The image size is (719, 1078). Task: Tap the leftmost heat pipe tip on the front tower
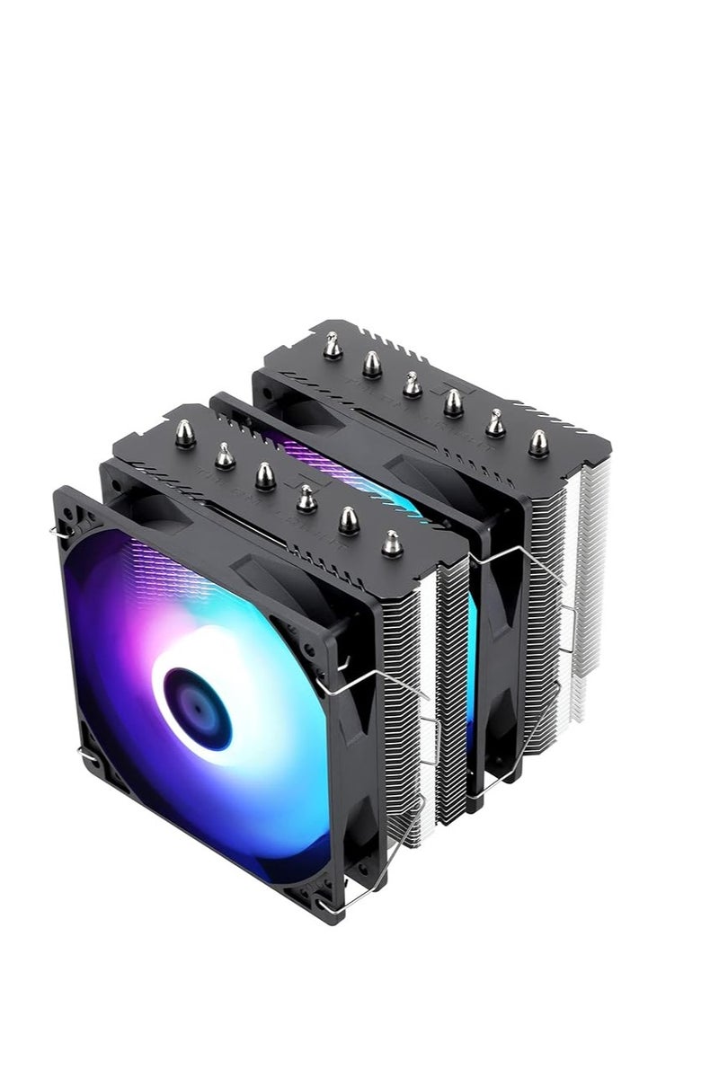pos(184,434)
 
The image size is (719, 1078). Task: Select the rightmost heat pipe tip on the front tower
pos(391,542)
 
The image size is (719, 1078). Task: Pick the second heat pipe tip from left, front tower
pos(225,456)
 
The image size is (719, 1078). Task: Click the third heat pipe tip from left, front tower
pos(265,475)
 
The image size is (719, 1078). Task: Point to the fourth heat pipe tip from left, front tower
pos(306,497)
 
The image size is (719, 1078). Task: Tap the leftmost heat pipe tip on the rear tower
pos(333,345)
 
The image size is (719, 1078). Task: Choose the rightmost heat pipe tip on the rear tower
pos(538,443)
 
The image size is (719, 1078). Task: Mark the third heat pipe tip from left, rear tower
pos(413,384)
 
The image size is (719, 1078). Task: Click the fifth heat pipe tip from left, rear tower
pos(495,421)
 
